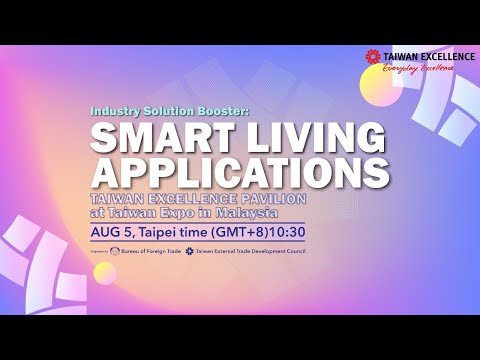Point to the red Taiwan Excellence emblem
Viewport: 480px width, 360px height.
coord(373,57)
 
